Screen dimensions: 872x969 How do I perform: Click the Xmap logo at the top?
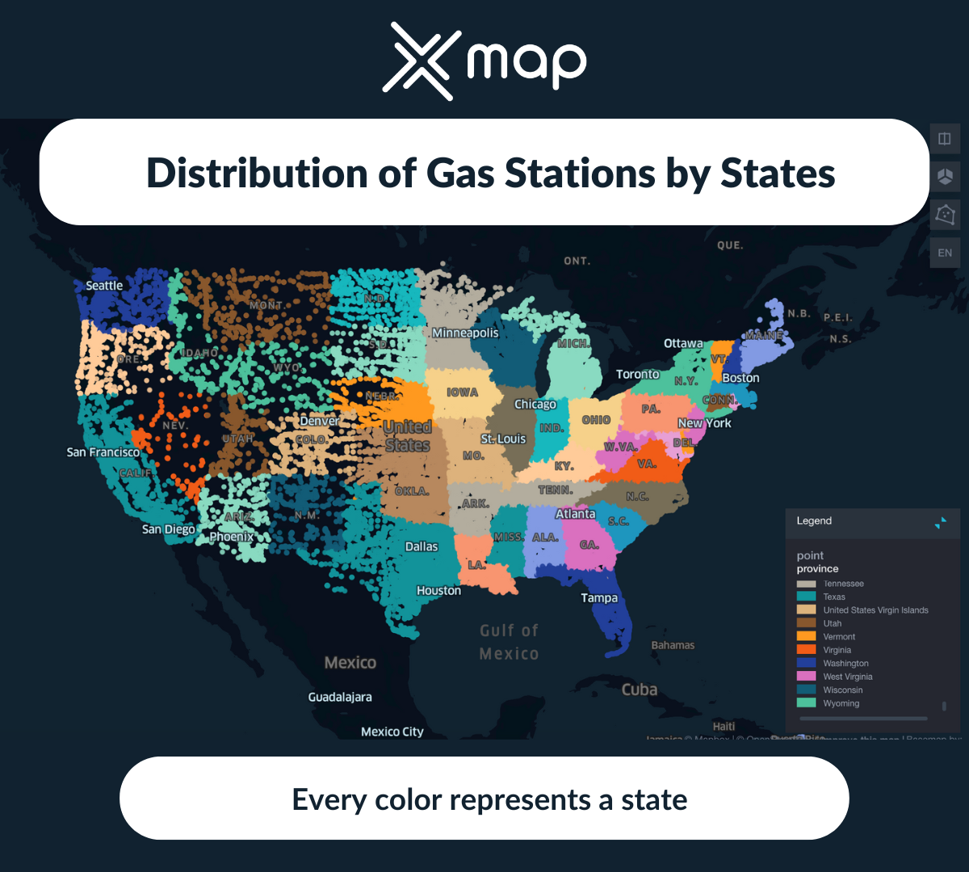coord(484,61)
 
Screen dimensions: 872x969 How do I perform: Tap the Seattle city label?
coord(104,286)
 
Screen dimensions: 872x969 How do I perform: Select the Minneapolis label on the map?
coord(465,333)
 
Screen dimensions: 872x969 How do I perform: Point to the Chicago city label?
coord(535,404)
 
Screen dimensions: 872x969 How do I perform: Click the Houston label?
coord(438,591)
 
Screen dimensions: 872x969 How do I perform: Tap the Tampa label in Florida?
coord(599,598)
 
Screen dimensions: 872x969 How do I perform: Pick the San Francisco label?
coord(103,452)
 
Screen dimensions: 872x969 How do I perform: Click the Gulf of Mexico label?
coord(509,642)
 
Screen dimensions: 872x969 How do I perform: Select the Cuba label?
coord(640,690)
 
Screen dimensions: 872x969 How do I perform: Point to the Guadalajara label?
coord(340,697)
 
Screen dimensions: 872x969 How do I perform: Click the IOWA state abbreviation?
coord(463,392)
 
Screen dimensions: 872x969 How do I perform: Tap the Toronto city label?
coord(638,374)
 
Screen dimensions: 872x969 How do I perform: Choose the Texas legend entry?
coord(834,597)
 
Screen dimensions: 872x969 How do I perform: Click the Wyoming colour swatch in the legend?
coord(806,703)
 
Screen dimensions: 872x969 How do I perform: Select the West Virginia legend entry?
coord(847,677)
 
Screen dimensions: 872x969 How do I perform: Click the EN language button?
coord(945,253)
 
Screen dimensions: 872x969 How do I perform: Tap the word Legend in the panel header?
coord(814,521)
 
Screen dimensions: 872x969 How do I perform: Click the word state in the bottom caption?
coord(654,799)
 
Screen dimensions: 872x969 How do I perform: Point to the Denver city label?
coord(319,421)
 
